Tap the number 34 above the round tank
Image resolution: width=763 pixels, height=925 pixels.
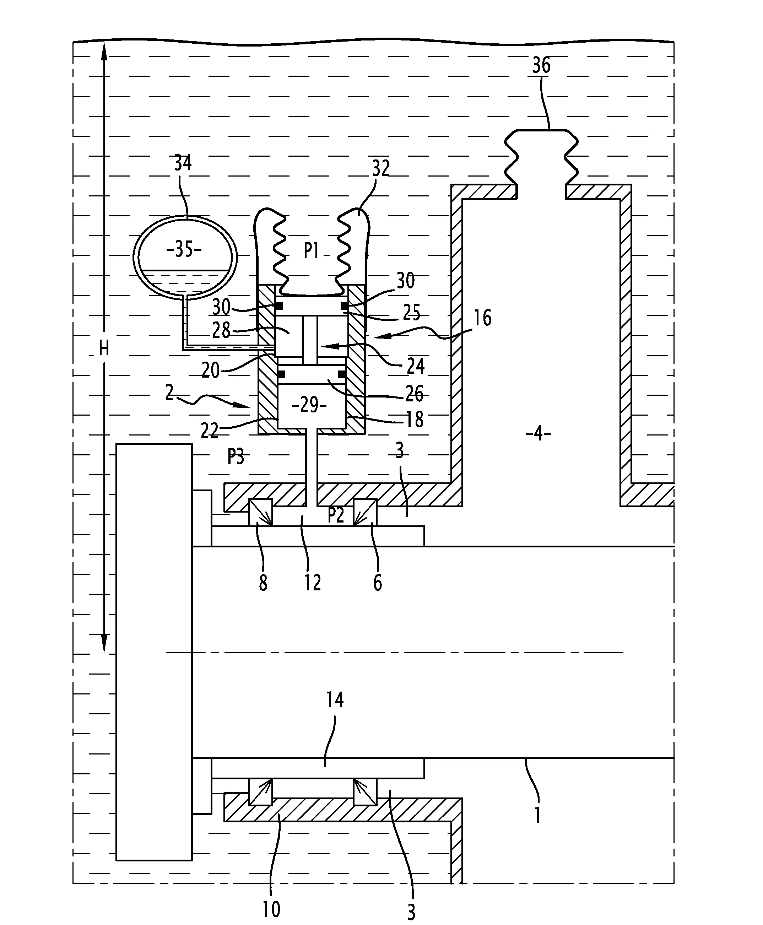[x=183, y=163]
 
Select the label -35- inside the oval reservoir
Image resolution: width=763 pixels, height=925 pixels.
[x=184, y=250]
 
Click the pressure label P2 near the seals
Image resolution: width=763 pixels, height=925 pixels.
[x=336, y=515]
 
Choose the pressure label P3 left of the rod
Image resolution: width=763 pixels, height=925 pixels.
[x=236, y=457]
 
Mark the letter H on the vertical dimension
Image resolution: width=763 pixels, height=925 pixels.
[x=104, y=348]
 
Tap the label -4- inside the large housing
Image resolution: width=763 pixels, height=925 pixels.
[x=539, y=434]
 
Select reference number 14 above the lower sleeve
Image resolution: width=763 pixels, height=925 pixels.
[x=335, y=699]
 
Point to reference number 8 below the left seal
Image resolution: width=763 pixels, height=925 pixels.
[x=263, y=583]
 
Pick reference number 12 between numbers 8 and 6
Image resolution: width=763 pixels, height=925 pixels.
[x=313, y=583]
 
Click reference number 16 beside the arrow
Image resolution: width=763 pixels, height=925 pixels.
[x=483, y=318]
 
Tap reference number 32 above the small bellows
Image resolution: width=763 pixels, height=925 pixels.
[x=381, y=168]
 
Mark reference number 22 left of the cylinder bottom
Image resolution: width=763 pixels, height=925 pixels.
[x=209, y=431]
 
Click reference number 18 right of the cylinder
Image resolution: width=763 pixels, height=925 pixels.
[x=415, y=420]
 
